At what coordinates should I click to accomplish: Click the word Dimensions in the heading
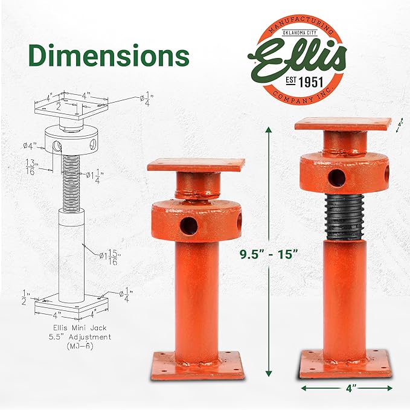[x=109, y=56]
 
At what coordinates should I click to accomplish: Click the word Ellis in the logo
[x=299, y=58]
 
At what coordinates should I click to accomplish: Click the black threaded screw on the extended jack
[x=342, y=217]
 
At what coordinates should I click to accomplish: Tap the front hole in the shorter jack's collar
[x=188, y=225]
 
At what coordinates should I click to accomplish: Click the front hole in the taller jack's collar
[x=338, y=177]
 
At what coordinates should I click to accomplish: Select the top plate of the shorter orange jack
[x=196, y=164]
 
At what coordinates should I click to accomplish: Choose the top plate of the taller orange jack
[x=343, y=124]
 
